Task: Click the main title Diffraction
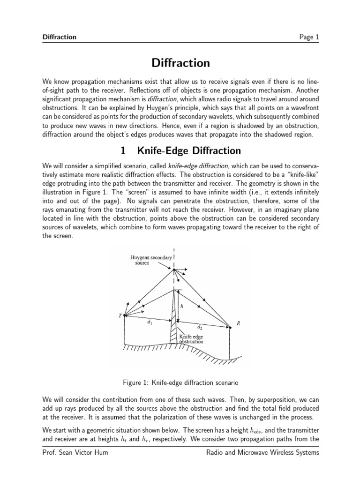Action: [180, 63]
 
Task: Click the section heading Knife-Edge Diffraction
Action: [180, 150]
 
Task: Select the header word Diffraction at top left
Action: [59, 37]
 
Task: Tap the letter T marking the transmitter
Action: [120, 315]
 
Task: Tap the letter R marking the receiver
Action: [238, 323]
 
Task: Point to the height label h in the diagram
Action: [182, 305]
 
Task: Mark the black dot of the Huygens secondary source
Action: [174, 269]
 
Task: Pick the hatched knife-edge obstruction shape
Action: [174, 323]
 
